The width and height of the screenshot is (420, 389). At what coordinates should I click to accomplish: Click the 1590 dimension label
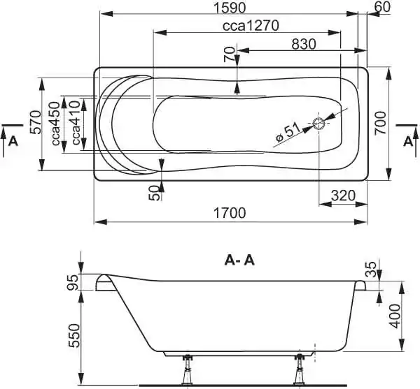tap(230, 8)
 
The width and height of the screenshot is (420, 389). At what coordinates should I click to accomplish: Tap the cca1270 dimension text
tap(251, 26)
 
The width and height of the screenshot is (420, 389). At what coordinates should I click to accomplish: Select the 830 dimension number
tap(304, 44)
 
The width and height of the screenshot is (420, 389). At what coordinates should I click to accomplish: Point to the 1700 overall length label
tap(230, 213)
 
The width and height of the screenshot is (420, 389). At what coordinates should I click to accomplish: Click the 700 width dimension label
tap(380, 123)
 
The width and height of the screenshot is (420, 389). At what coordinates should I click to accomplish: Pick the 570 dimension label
tap(36, 122)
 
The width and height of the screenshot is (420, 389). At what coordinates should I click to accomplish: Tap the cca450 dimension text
tap(56, 124)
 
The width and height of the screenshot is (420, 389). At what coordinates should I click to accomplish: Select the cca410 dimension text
tap(76, 123)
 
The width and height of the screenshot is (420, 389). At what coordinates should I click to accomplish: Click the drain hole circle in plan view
tap(319, 124)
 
